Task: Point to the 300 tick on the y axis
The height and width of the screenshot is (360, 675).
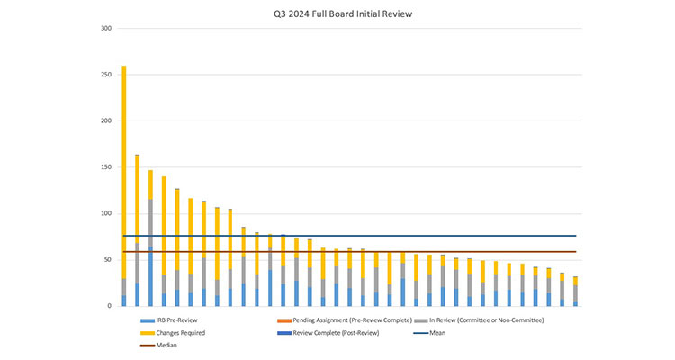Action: pos(106,28)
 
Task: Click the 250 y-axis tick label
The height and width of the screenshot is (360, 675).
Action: pos(106,75)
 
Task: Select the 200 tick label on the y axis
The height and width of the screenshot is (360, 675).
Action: pos(106,121)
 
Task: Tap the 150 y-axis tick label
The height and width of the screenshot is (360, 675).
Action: pos(106,167)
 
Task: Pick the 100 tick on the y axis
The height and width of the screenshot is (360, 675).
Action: pos(106,213)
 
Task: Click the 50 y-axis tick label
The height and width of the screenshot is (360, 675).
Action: pos(108,260)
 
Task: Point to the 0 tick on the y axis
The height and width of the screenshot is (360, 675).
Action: pos(110,306)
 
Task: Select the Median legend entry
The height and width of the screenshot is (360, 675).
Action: pos(167,345)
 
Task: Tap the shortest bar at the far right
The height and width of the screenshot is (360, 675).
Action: pos(575,292)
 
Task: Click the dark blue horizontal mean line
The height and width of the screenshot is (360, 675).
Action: pos(360,236)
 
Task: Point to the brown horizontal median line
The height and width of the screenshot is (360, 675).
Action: pos(360,252)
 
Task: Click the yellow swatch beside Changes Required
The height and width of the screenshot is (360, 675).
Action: pos(148,333)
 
